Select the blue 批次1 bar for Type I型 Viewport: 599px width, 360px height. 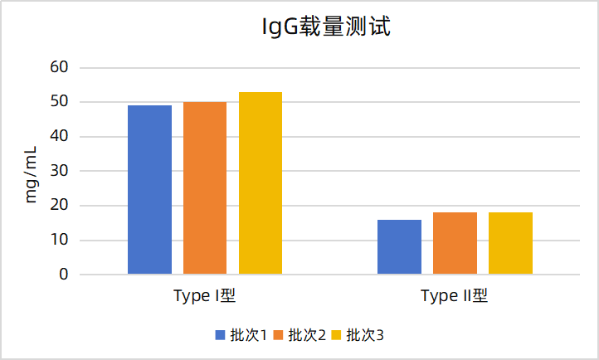point(149,190)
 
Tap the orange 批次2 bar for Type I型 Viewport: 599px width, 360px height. point(205,188)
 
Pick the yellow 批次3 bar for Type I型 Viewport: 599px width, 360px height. point(261,183)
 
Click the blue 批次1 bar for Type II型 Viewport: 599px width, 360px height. point(399,247)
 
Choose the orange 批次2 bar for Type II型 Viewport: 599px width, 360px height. point(455,244)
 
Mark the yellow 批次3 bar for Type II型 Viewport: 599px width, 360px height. point(510,244)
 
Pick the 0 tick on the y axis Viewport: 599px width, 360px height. point(62,275)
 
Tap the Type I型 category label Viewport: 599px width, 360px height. point(205,296)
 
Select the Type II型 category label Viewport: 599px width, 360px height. point(455,296)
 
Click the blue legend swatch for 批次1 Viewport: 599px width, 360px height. point(221,335)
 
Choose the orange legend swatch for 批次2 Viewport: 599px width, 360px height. point(279,335)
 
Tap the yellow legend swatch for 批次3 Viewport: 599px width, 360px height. point(337,335)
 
